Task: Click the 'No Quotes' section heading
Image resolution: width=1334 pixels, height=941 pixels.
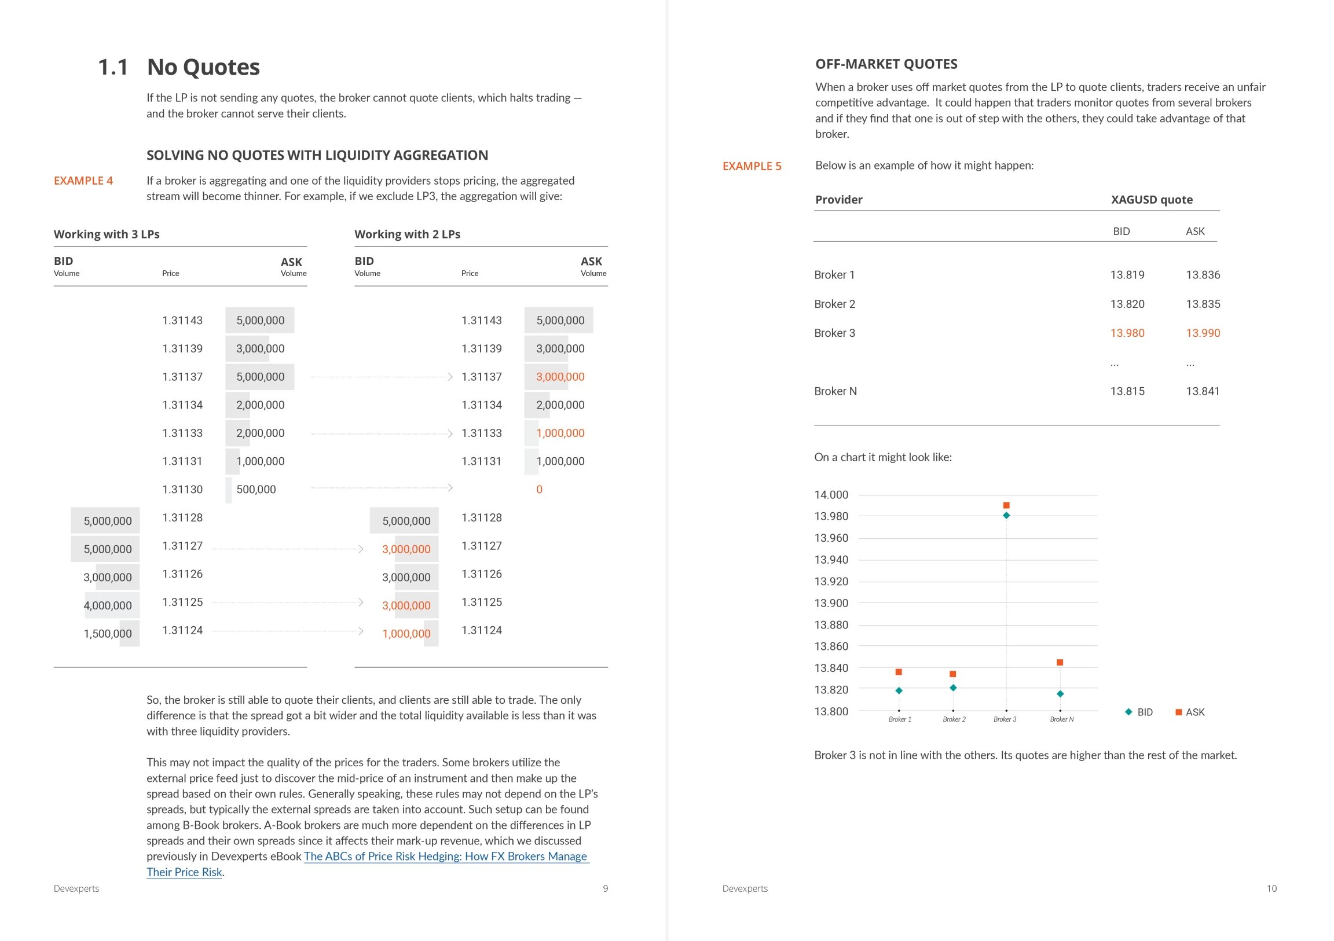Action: coord(203,67)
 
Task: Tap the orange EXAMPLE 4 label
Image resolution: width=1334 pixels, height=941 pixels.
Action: coord(83,181)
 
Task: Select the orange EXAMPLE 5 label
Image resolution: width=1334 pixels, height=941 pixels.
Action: coord(752,166)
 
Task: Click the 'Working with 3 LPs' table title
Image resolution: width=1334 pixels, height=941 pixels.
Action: coord(107,234)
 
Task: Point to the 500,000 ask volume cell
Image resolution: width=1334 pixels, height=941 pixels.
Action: coord(256,490)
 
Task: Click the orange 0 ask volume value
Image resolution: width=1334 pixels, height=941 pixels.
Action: coord(539,490)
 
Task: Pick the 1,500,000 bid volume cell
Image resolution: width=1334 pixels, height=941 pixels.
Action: coord(108,634)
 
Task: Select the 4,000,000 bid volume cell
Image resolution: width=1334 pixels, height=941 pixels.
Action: coord(108,605)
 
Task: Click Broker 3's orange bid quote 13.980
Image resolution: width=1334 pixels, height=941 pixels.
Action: coord(1127,333)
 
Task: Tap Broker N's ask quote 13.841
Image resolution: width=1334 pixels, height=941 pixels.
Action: coord(1202,391)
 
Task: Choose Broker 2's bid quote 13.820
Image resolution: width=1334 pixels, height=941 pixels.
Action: coord(1127,304)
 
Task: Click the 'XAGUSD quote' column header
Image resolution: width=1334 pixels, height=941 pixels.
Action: coord(1151,200)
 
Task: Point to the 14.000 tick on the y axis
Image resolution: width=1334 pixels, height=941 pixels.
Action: coord(831,495)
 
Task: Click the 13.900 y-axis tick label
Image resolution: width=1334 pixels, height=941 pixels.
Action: coord(831,603)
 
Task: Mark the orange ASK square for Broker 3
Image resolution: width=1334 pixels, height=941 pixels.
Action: coord(1006,505)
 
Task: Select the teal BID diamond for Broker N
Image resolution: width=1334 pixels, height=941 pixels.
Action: coord(1060,693)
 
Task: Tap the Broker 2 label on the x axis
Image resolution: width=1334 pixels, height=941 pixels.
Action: coord(954,719)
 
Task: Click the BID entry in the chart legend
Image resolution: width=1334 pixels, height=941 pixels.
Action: coord(1139,712)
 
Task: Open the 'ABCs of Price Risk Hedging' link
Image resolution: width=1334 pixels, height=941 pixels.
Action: coord(445,856)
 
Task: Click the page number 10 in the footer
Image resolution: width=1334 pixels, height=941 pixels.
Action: coord(1271,889)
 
